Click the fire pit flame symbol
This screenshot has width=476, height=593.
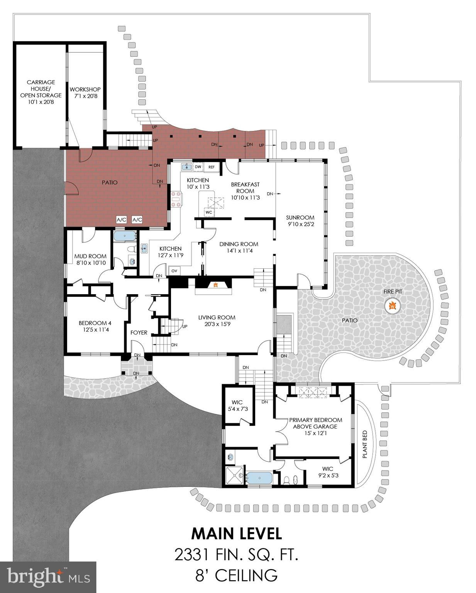point(392,306)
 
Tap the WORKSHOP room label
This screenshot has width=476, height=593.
point(85,90)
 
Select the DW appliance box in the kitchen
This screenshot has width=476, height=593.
point(198,167)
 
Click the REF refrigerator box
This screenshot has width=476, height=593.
point(212,167)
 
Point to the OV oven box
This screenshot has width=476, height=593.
point(174,271)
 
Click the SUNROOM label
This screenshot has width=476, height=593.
point(300,217)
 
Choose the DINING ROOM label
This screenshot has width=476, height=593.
point(239,244)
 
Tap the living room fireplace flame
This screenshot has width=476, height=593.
point(216,285)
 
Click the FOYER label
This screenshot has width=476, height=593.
point(139,333)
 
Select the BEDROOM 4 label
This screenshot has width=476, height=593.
point(95,323)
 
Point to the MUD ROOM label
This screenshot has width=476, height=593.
point(90,256)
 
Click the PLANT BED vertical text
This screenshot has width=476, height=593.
point(365,444)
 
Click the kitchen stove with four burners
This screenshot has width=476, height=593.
point(176,199)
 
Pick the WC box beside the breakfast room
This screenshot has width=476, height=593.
point(208,212)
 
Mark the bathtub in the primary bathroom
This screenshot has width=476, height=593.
point(259,478)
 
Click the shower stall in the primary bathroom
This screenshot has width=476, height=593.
point(235,475)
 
